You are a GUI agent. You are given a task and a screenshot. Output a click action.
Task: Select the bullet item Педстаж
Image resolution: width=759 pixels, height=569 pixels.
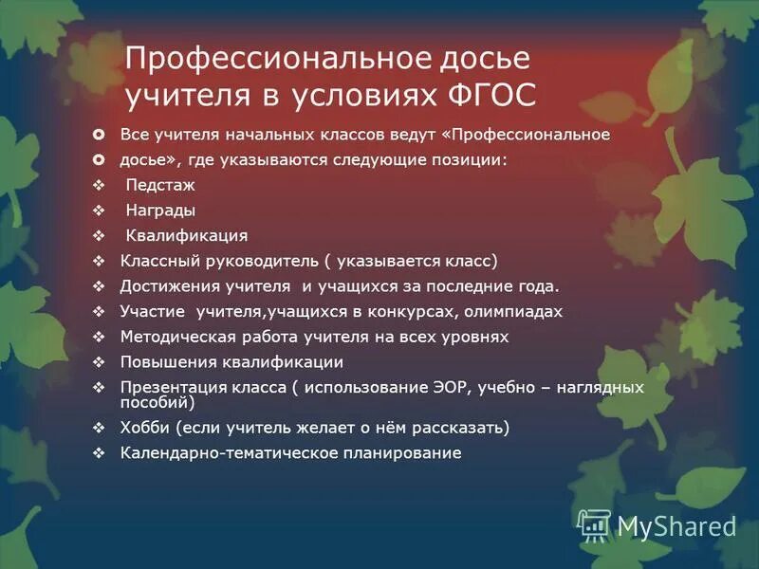(159, 185)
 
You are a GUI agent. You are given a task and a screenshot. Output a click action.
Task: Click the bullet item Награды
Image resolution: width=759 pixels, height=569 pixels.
(160, 211)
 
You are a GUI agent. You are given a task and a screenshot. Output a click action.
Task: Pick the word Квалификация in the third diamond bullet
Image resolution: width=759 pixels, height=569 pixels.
(187, 235)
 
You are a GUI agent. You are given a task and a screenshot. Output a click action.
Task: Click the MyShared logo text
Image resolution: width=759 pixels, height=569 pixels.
(676, 526)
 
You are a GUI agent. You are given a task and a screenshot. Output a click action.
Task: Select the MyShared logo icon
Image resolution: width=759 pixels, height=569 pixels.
(594, 524)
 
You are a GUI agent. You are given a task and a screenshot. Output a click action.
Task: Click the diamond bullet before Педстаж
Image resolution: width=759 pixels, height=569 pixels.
(100, 186)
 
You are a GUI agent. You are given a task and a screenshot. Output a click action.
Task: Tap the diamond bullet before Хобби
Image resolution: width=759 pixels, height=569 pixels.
(100, 429)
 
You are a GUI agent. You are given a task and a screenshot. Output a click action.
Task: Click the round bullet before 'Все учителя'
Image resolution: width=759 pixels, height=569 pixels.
(100, 135)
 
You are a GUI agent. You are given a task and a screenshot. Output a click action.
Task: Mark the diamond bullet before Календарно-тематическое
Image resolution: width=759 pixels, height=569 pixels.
(100, 453)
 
